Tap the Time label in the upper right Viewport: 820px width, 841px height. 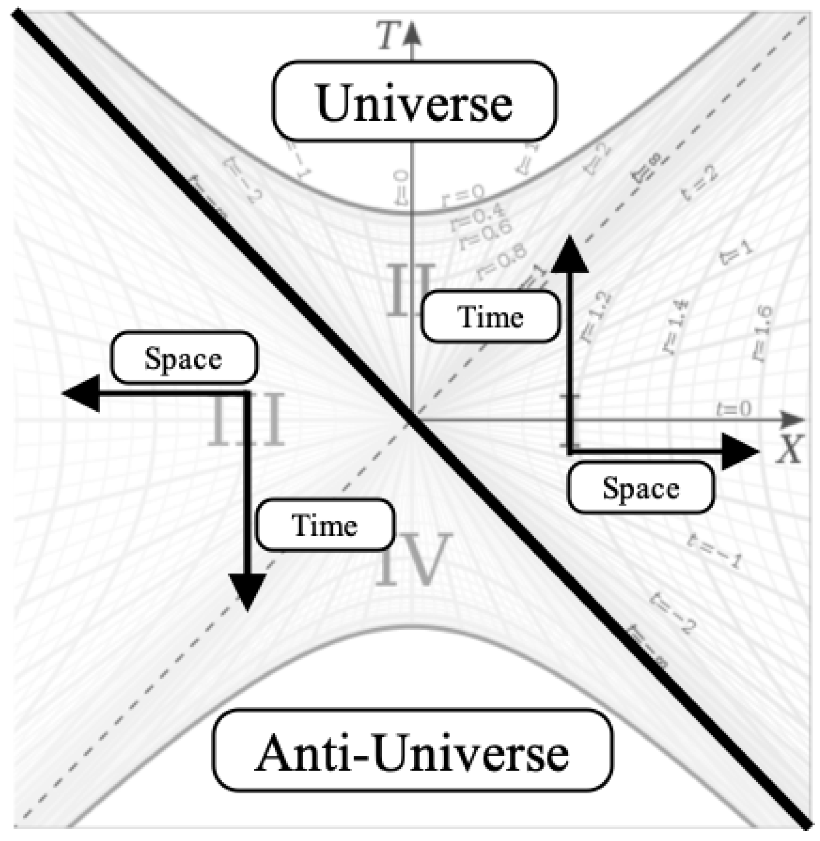click(490, 317)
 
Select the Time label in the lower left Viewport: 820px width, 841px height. click(325, 525)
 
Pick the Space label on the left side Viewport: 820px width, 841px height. click(184, 358)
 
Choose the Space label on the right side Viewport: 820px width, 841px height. click(641, 488)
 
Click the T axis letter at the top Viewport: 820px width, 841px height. click(389, 37)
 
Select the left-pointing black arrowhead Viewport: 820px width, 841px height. click(83, 393)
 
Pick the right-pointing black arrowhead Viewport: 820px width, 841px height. click(739, 451)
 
